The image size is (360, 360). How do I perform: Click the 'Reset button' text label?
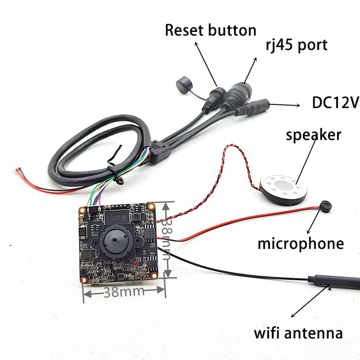[x=211, y=31]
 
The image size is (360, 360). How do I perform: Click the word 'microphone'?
[x=301, y=243]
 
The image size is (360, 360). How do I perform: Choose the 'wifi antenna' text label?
[x=298, y=333]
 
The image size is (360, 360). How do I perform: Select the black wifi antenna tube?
[x=333, y=282]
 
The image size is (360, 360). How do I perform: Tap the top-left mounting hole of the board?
[x=82, y=210]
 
